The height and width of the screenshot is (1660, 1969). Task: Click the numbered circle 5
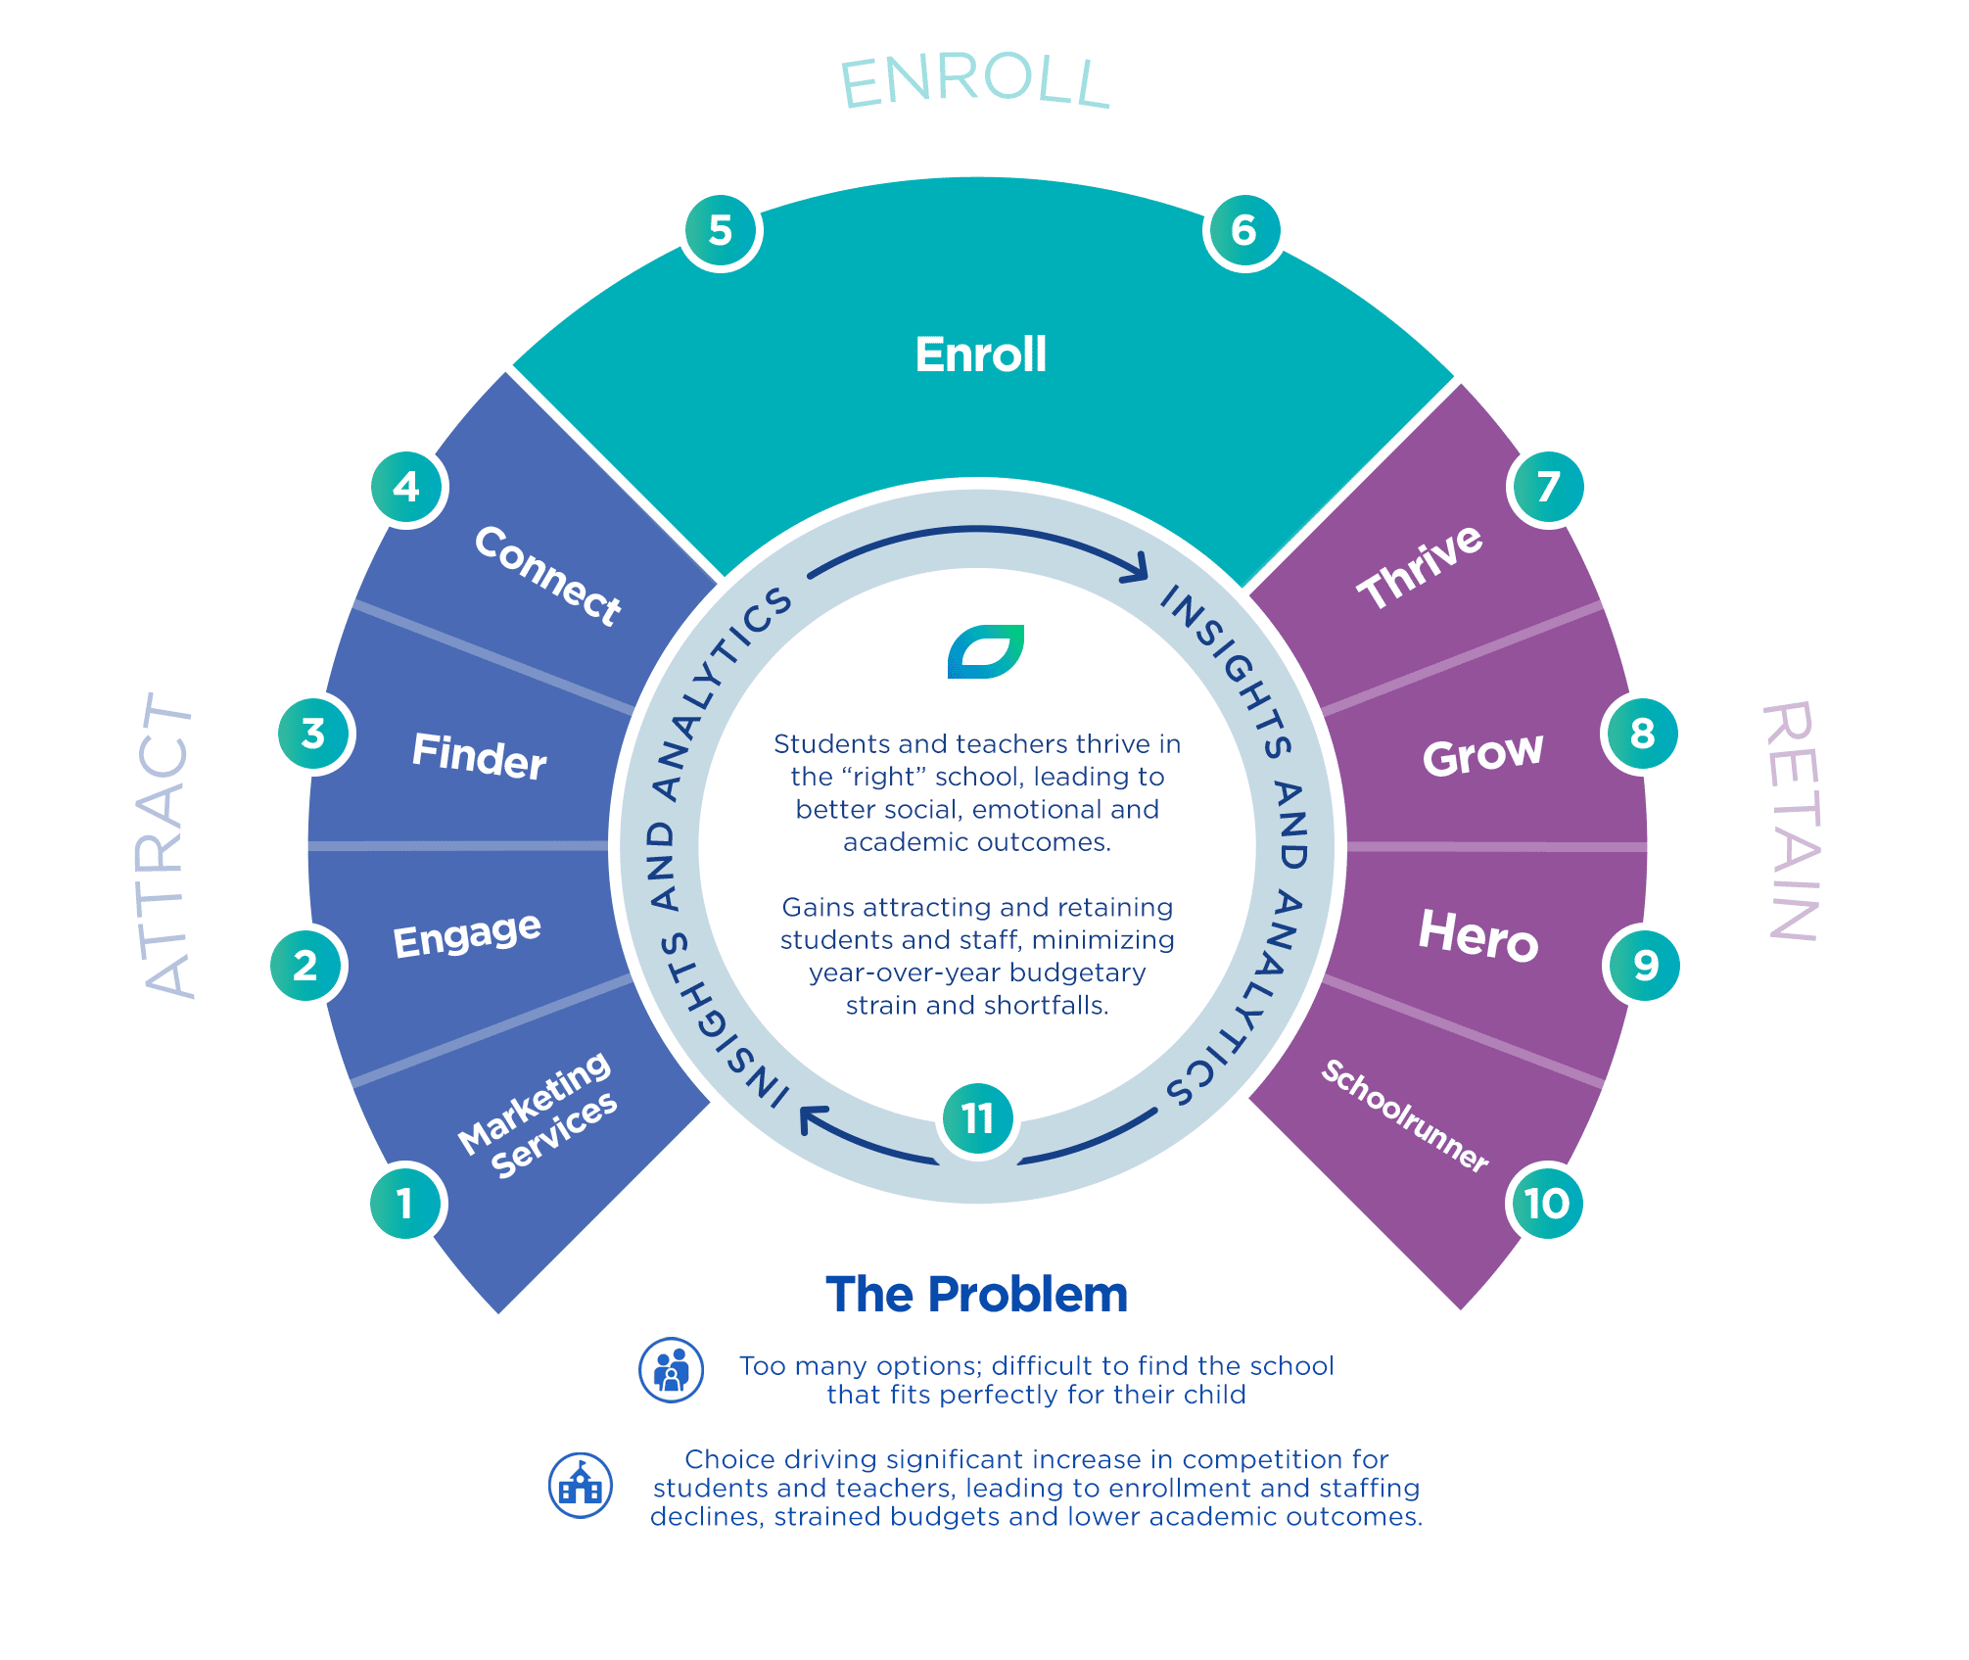click(721, 231)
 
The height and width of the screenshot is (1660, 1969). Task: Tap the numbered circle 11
click(978, 1119)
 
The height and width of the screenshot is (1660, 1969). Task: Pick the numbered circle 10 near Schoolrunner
click(1546, 1204)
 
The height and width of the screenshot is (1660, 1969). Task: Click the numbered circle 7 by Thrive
click(1548, 487)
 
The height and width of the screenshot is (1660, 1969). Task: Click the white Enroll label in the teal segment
click(980, 355)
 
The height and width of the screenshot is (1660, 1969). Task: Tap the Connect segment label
click(547, 575)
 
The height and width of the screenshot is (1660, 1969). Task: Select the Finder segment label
click(479, 756)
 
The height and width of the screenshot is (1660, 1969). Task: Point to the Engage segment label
click(467, 934)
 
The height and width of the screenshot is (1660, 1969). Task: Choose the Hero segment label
click(1478, 935)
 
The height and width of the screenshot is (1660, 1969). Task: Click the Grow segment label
click(1482, 755)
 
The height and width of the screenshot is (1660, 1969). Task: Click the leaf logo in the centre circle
click(985, 651)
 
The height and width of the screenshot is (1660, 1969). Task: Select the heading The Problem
click(976, 1294)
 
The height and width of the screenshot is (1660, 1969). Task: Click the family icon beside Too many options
click(671, 1370)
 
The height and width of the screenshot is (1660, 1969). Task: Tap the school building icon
click(581, 1486)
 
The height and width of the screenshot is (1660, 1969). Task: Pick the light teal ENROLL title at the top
click(975, 82)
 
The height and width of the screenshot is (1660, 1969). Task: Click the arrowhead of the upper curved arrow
click(1138, 566)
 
